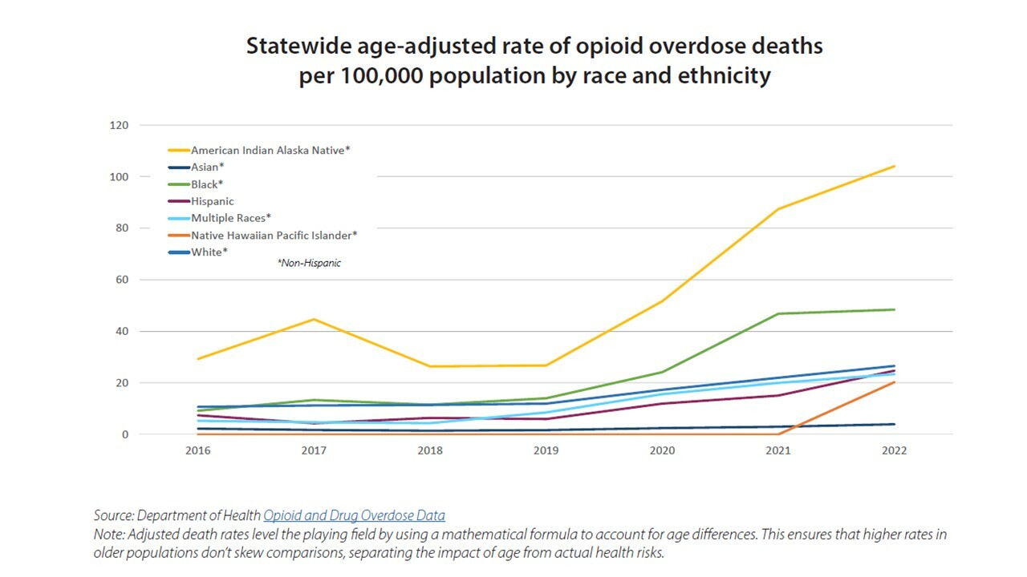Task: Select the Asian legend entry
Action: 207,167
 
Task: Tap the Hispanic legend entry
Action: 212,201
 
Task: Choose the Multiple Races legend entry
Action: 231,218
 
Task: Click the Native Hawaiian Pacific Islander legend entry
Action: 274,235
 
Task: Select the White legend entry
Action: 209,252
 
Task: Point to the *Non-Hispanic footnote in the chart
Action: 309,263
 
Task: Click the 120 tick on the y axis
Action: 119,125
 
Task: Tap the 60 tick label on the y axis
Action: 121,280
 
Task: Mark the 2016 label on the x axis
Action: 197,450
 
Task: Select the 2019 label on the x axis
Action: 546,450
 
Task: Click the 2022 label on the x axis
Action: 894,450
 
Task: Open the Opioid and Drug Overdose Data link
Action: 354,515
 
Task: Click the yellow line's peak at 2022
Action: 894,167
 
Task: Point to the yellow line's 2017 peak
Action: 314,319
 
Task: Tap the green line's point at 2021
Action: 778,313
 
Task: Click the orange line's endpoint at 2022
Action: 894,382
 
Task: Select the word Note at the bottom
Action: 109,534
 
